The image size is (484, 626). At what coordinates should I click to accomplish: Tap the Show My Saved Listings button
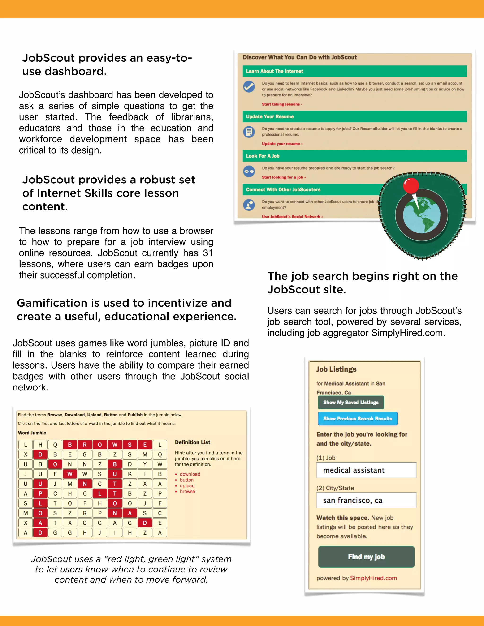[351, 403]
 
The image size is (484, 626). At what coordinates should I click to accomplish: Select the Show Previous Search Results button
[357, 419]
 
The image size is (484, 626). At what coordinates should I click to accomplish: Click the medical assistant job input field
[366, 470]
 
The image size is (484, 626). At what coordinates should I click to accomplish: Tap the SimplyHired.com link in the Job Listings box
[373, 578]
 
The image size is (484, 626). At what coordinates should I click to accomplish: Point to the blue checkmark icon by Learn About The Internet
[249, 86]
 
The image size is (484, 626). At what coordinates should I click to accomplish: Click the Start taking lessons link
[281, 104]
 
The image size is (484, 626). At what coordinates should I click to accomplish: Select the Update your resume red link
[281, 144]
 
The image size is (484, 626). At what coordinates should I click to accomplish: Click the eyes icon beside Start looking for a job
[249, 172]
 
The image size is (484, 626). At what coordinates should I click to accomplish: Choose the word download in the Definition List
[190, 474]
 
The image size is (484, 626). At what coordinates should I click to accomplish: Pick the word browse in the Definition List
[187, 491]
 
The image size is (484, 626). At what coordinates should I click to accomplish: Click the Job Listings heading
[336, 369]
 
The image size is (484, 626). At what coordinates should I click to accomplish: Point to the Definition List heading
[192, 442]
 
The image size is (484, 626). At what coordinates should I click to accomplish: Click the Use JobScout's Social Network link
[292, 216]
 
